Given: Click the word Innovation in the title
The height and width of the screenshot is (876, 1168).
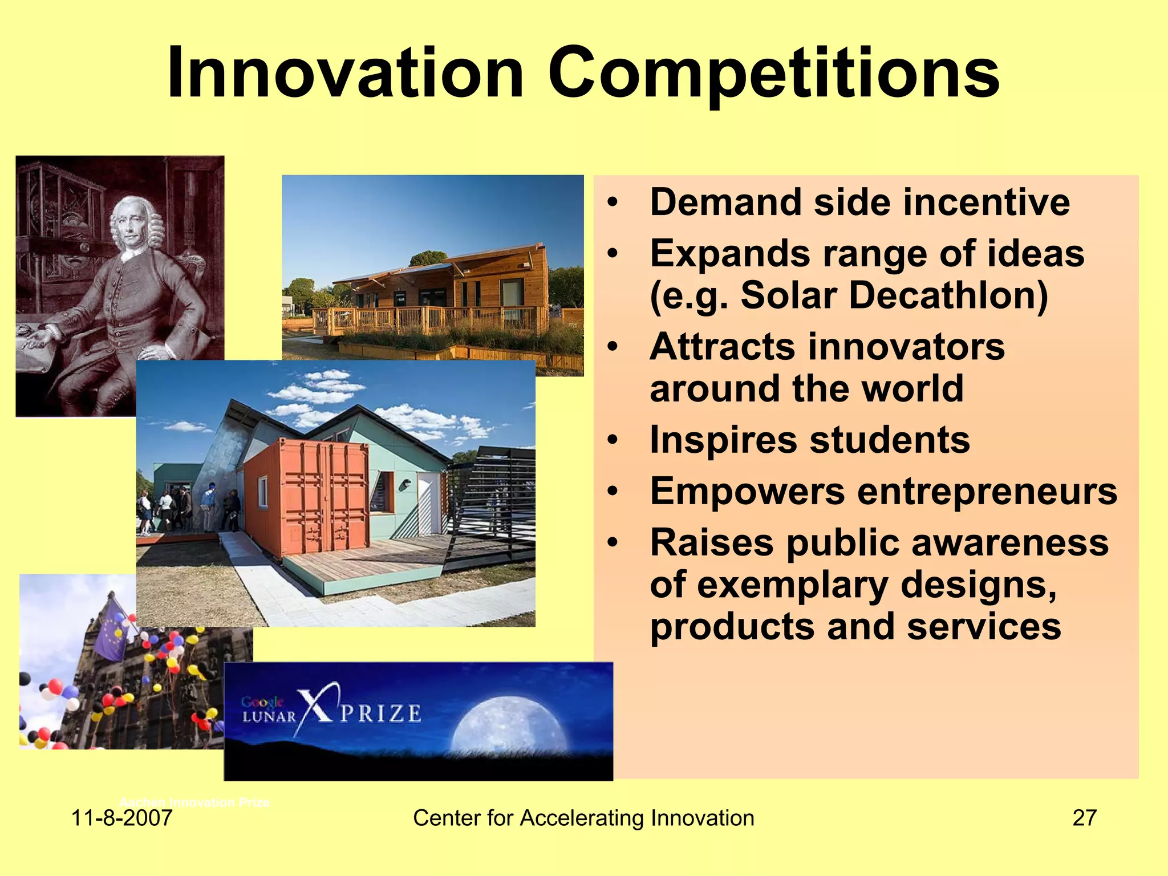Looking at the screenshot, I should (345, 74).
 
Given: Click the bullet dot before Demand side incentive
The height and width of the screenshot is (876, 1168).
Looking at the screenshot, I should (613, 203).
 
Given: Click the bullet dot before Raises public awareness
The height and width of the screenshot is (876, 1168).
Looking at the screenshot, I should (613, 542).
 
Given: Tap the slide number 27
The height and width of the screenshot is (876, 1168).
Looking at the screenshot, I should (1084, 818).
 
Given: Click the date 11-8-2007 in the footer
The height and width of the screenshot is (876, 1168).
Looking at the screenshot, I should (121, 818).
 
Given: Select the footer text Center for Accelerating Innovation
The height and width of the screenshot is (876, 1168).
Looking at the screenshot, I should (583, 818).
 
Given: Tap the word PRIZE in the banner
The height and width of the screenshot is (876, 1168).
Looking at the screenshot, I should (380, 714).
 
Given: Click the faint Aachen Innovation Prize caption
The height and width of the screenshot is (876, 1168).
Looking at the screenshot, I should (194, 802).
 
